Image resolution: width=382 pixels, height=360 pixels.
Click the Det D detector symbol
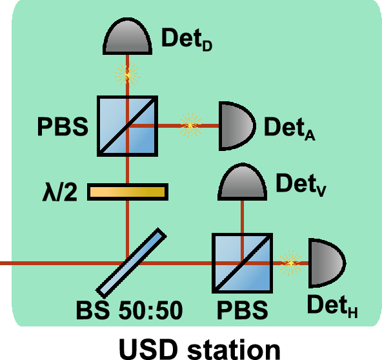(x=127, y=41)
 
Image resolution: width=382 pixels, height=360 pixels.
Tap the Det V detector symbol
(x=243, y=185)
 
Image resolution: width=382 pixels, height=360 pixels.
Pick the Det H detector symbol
(x=327, y=263)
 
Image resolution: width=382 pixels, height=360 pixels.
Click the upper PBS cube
(x=127, y=125)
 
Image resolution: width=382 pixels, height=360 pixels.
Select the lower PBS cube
(x=243, y=263)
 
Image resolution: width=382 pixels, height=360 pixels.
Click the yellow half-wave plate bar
(x=128, y=192)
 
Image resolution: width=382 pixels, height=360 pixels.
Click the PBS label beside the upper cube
(x=62, y=125)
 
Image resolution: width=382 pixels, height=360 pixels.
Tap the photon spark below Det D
(x=127, y=75)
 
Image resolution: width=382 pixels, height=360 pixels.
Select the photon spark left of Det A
(x=190, y=125)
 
